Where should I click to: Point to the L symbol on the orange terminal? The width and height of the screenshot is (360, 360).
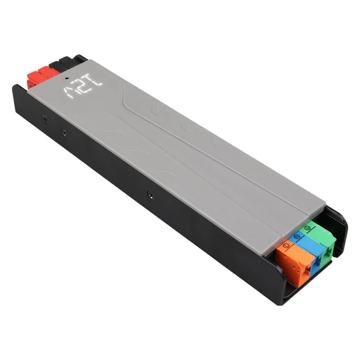[x=285, y=246]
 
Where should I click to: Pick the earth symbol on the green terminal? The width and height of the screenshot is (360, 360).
[x=308, y=227]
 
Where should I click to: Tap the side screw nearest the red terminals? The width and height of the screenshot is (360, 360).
[x=43, y=116]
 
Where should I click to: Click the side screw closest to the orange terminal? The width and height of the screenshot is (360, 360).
[x=149, y=196]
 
